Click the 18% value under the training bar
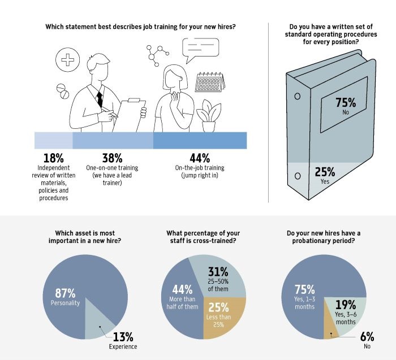pyautogui.click(x=53, y=158)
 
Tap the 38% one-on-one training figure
pyautogui.click(x=113, y=158)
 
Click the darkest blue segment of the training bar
pyautogui.click(x=200, y=140)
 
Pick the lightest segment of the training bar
pyautogui.click(x=53, y=140)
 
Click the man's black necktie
pyautogui.click(x=100, y=98)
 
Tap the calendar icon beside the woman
pyautogui.click(x=209, y=83)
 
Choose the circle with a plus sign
pyautogui.click(x=67, y=60)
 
